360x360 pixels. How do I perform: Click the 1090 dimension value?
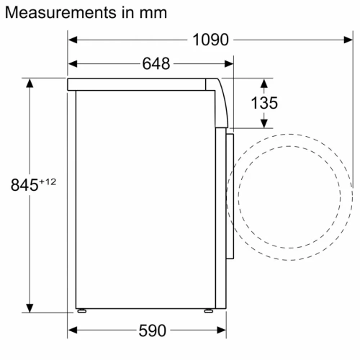point(210,40)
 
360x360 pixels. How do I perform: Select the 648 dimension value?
point(156,64)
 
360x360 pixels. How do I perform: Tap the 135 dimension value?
point(264,103)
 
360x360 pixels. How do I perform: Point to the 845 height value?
point(24,184)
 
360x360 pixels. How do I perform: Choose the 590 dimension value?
point(151,331)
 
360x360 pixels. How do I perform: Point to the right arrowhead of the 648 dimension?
point(230,64)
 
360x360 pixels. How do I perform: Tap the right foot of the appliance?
point(208,311)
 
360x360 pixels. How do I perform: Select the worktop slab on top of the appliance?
point(144,84)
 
